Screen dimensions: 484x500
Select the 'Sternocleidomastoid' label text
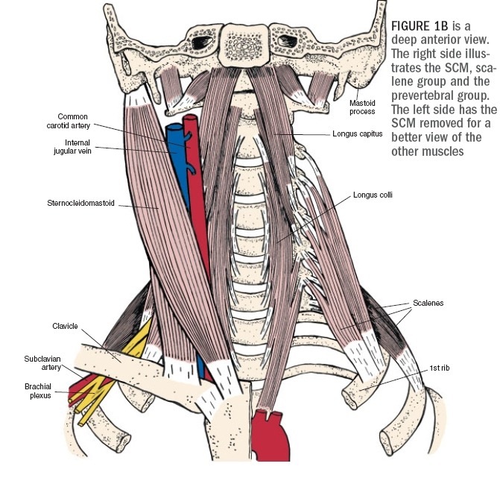80,202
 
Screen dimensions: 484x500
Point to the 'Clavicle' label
65,326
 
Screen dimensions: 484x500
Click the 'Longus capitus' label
357,134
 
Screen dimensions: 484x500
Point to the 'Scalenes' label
428,304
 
